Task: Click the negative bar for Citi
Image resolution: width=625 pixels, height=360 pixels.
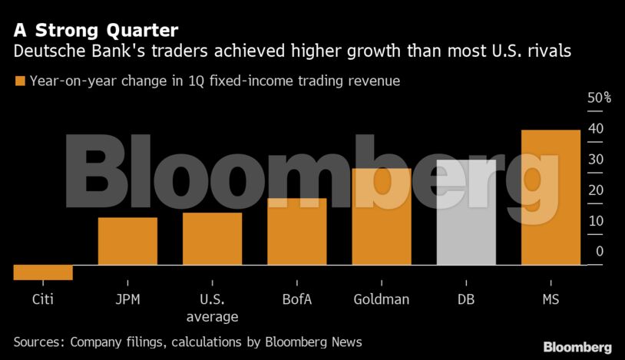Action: click(x=43, y=272)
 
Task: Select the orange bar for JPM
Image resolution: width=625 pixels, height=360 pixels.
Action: click(x=127, y=241)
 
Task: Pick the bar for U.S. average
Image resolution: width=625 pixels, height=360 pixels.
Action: click(x=212, y=239)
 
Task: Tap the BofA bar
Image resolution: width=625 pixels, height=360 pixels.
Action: click(x=296, y=232)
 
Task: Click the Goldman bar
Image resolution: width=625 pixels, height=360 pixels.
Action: click(x=382, y=216)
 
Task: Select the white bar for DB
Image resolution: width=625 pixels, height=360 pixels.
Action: click(x=466, y=213)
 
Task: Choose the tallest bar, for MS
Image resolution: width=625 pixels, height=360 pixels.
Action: click(x=551, y=197)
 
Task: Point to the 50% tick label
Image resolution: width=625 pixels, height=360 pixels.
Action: click(x=599, y=98)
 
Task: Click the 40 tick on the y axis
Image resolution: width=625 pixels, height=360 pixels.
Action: click(x=595, y=129)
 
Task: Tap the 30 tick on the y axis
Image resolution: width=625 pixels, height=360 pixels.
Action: click(x=595, y=160)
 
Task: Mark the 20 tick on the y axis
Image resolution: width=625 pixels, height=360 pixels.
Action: click(x=595, y=190)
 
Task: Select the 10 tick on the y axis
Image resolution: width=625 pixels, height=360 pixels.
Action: click(x=595, y=221)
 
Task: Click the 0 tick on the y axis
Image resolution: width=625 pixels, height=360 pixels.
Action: click(x=599, y=252)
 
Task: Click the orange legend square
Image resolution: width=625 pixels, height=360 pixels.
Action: click(x=19, y=81)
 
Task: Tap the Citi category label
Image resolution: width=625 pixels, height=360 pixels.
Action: click(x=43, y=299)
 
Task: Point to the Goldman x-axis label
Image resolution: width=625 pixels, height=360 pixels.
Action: click(x=382, y=299)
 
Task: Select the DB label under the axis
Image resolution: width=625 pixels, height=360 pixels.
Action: click(x=466, y=299)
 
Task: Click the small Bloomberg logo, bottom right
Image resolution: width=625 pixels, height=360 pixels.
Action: click(x=577, y=347)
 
